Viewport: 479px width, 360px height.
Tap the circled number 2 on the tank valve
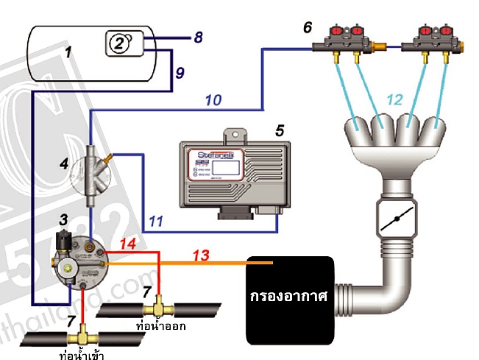tap(119, 42)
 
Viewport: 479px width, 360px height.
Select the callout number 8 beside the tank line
tap(196, 36)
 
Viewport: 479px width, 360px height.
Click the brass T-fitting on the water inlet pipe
tap(82, 339)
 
